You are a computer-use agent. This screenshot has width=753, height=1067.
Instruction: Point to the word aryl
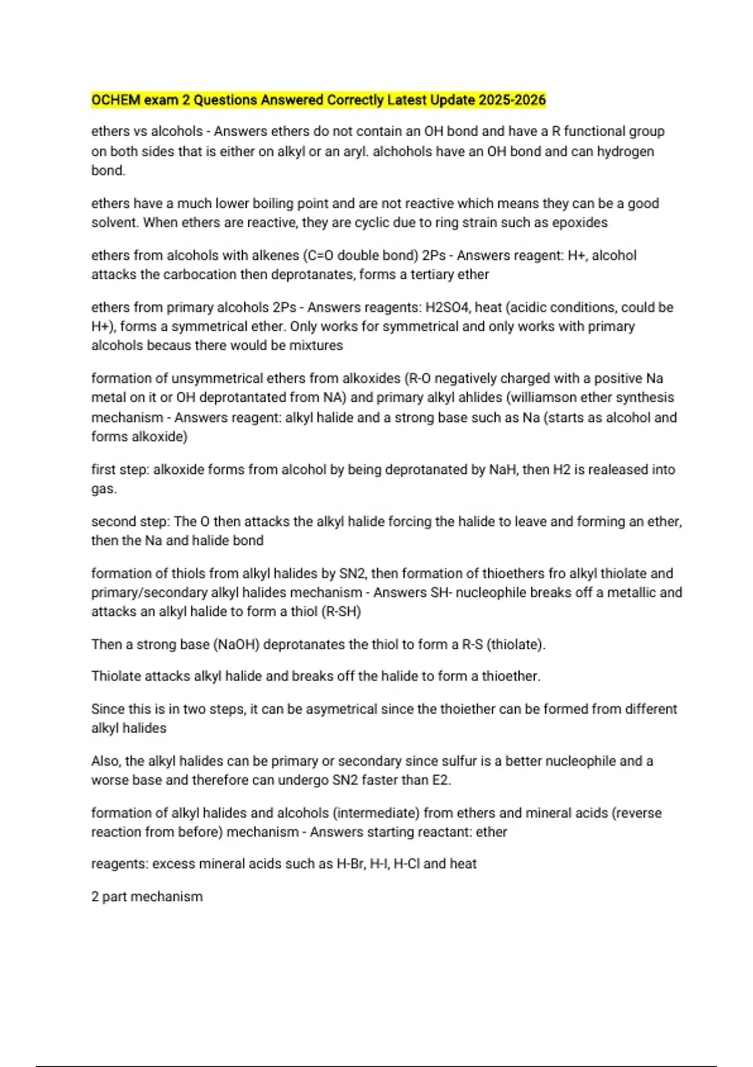[355, 151]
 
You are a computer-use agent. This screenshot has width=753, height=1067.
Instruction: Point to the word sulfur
[458, 761]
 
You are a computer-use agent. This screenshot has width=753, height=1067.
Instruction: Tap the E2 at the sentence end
[441, 781]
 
